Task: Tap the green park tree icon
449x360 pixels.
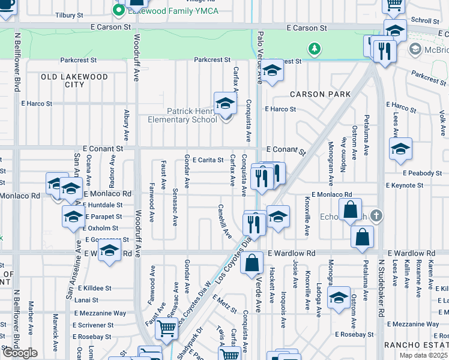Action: pos(313,48)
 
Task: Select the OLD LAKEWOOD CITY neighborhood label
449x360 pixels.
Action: pos(74,80)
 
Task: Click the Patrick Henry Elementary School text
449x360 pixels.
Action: pos(183,115)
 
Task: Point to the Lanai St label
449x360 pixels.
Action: pos(86,300)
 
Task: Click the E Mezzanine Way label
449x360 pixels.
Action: pos(100,313)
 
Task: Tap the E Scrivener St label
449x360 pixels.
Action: pos(93,325)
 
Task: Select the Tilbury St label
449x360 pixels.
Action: pos(70,16)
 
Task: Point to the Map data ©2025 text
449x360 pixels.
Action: pos(423,355)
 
